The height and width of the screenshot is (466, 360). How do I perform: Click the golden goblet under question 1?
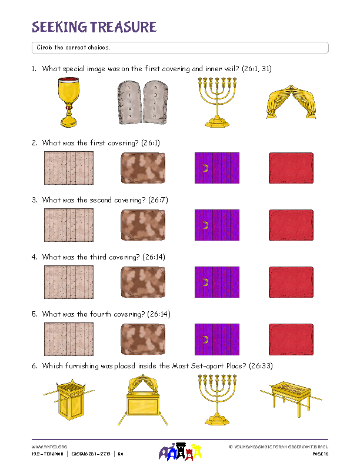[69, 102]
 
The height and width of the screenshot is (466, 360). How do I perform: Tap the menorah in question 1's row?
[216, 102]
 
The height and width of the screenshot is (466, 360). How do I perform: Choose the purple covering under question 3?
[216, 225]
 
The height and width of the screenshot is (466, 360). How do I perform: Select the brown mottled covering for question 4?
[142, 282]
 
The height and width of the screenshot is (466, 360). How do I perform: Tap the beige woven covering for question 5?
[68, 339]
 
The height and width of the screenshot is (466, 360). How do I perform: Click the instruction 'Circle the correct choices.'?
[74, 47]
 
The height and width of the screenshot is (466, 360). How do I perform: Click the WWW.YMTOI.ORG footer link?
[49, 447]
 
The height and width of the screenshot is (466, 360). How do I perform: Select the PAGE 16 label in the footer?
[319, 454]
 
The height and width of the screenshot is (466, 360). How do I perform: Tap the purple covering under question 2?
[216, 169]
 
